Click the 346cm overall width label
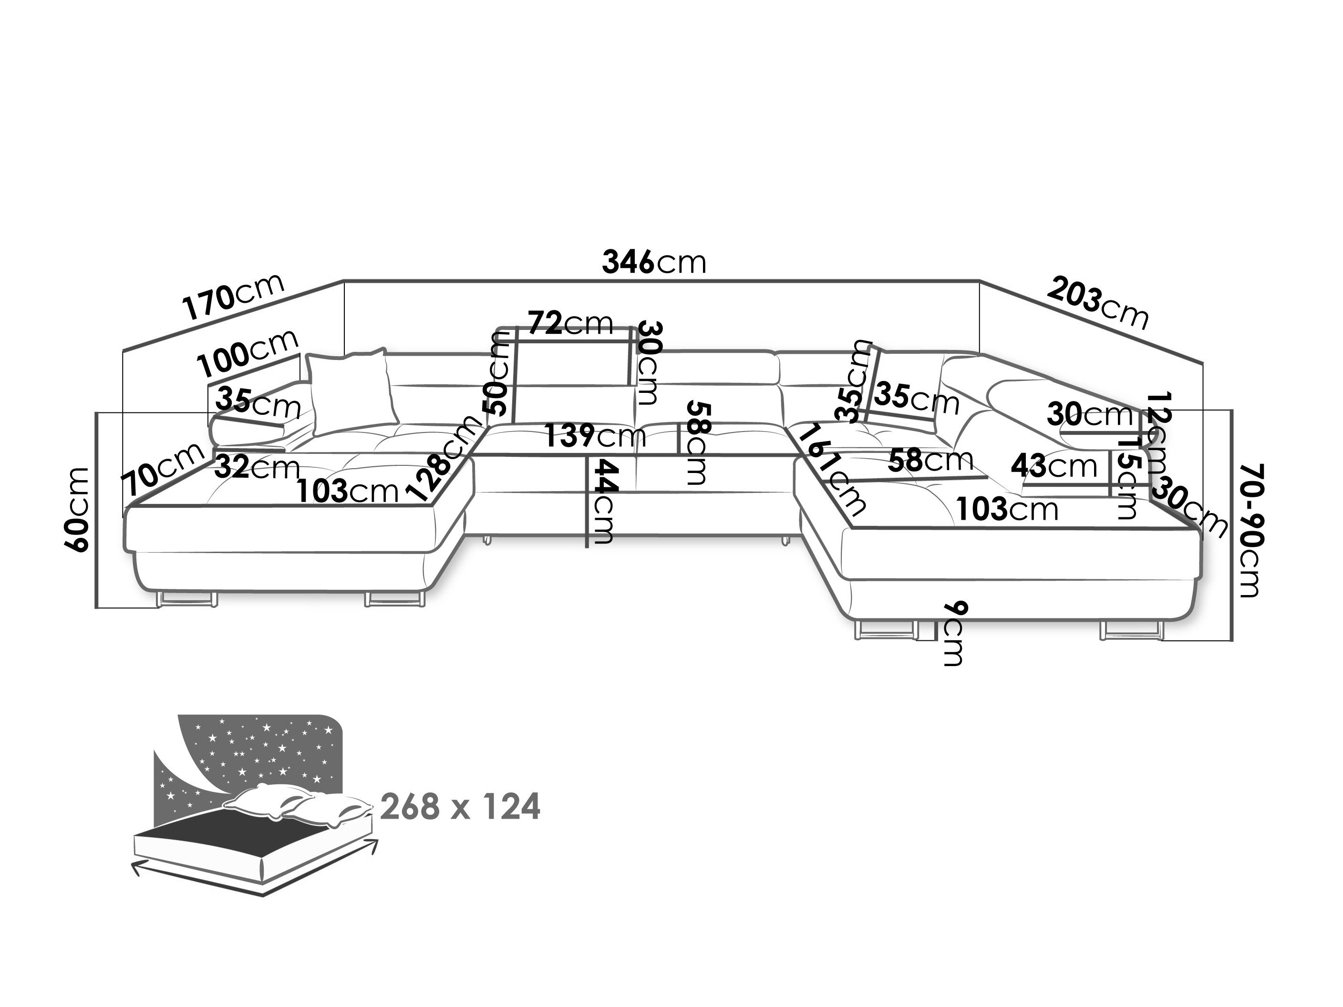point(654,263)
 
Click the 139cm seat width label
point(595,436)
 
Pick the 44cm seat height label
point(602,502)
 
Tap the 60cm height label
point(78,510)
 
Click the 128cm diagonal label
point(445,458)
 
